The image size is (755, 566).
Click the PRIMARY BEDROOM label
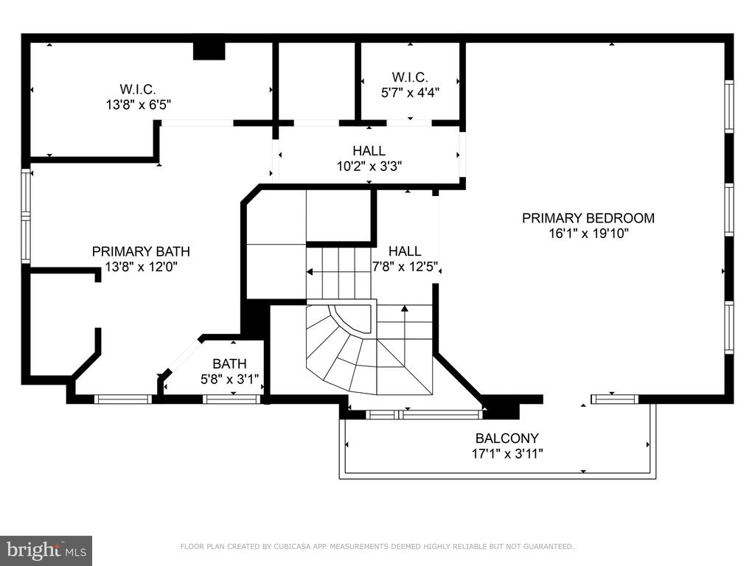point(588,218)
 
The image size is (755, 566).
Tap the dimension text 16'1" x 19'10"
point(588,234)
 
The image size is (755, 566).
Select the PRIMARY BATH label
point(141,251)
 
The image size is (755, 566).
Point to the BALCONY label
point(507,438)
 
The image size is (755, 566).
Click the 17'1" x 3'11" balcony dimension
point(507,453)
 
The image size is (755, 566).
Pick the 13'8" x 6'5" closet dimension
point(139,105)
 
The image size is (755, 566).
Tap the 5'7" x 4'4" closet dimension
point(410,92)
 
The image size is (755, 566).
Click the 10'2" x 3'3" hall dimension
point(369,167)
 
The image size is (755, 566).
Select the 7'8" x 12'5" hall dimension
point(405,266)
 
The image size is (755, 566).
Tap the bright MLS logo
point(46,550)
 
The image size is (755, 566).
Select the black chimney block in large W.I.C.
point(209,51)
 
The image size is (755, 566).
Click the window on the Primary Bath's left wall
point(26,216)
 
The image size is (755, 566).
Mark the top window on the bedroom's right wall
point(729,106)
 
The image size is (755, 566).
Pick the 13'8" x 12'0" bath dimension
point(141,267)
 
